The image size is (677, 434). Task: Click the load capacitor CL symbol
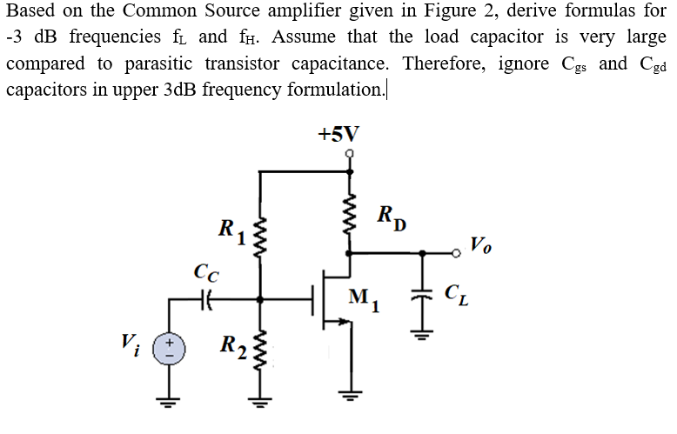(x=423, y=298)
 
